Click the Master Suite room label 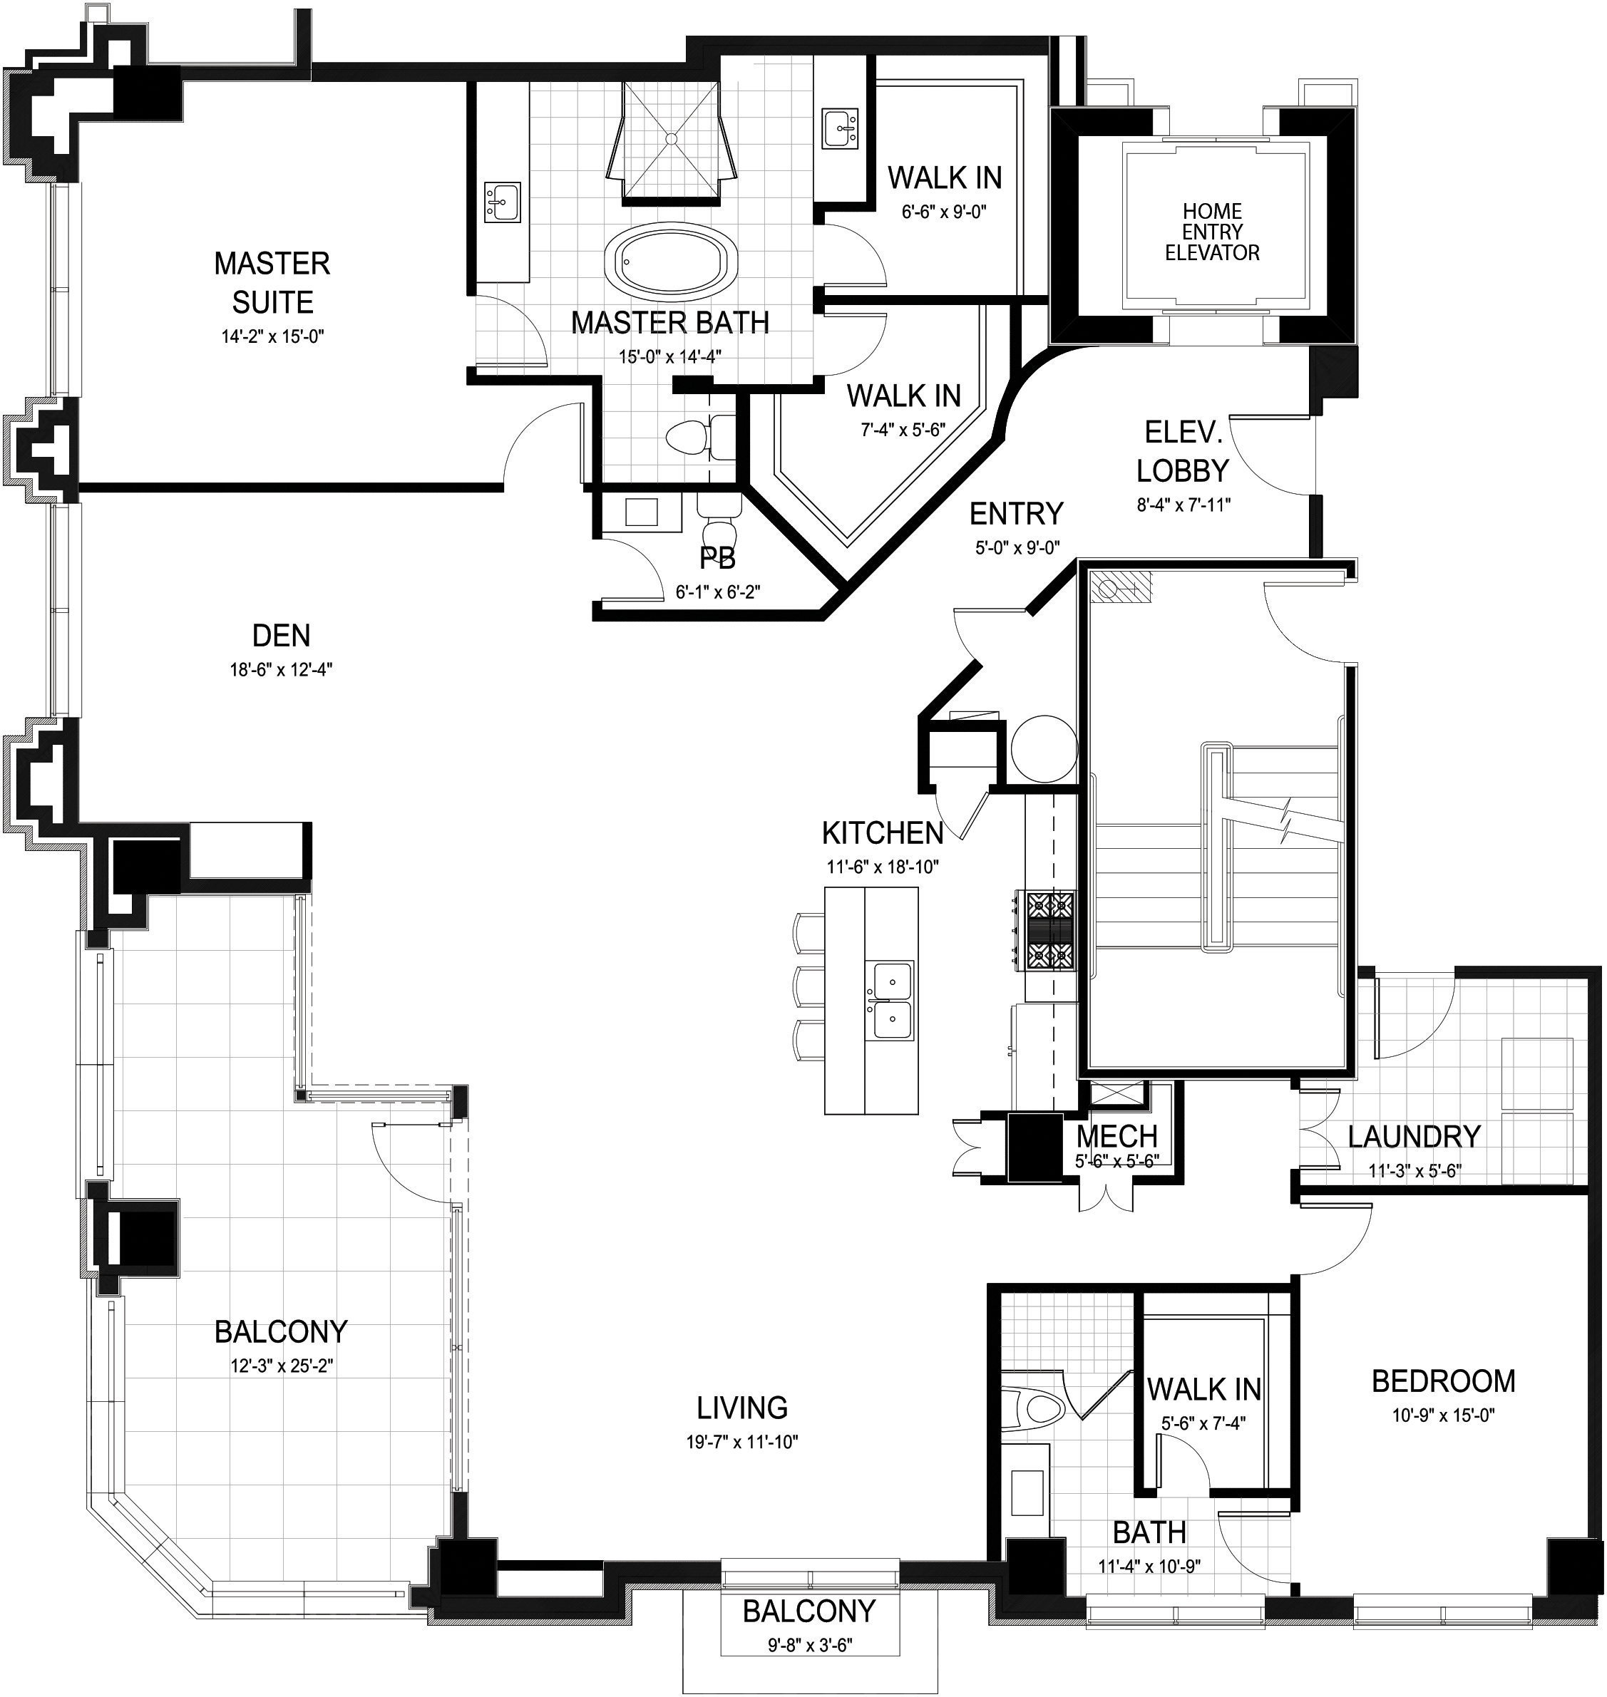(272, 282)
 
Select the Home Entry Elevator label (1211, 232)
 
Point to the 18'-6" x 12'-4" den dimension (281, 669)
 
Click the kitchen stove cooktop (1050, 930)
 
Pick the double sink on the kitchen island (892, 999)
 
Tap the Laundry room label (1413, 1136)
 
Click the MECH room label (1117, 1136)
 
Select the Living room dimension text (741, 1442)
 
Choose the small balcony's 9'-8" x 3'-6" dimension (809, 1645)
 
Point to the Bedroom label (1444, 1381)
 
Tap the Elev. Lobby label (1183, 451)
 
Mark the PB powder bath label (717, 558)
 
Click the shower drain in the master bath (673, 136)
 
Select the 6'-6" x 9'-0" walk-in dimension (944, 212)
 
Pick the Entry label (1016, 514)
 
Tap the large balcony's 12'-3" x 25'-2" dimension (281, 1366)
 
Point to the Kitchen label (883, 833)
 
